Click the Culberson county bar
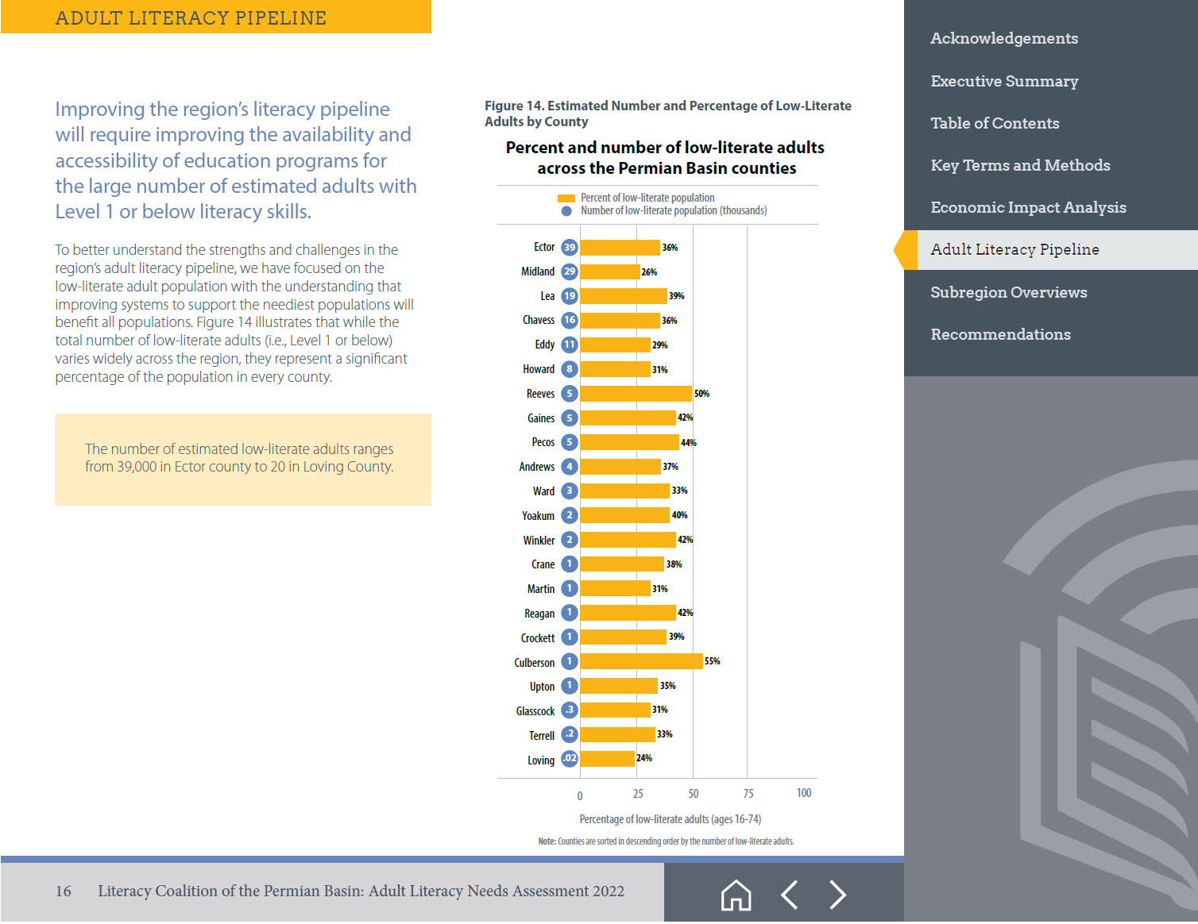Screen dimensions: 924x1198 [641, 661]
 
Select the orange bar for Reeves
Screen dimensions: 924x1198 [636, 394]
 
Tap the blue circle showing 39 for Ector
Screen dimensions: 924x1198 [570, 247]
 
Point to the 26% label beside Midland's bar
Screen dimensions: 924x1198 [649, 272]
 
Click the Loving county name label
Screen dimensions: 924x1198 [541, 760]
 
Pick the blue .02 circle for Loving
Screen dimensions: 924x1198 [570, 759]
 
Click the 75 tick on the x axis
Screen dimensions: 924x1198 [748, 794]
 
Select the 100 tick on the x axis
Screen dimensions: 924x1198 [804, 793]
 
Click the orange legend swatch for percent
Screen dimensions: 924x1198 [566, 198]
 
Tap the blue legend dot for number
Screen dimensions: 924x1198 [566, 211]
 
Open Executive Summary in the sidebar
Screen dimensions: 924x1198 [1004, 81]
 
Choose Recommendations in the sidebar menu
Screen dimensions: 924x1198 [1000, 334]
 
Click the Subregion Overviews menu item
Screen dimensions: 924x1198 [1008, 292]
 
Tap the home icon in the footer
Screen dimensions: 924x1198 [736, 895]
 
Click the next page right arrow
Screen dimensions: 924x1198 [837, 895]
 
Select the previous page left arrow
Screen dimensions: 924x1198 [789, 895]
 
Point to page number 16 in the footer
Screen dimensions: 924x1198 [64, 891]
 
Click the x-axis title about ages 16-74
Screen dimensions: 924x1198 [670, 819]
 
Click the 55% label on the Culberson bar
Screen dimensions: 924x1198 [713, 661]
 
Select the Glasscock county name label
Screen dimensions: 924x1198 [535, 711]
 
